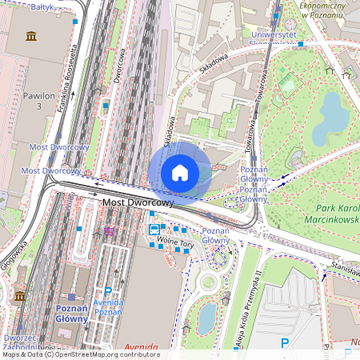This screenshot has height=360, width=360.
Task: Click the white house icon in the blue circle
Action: pos(180,172)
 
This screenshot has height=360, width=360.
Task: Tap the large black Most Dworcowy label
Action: pos(138,203)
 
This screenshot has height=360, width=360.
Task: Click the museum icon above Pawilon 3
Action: pos(31,37)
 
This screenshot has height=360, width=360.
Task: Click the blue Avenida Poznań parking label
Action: pos(108,307)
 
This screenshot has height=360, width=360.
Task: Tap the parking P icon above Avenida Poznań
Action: pos(108,292)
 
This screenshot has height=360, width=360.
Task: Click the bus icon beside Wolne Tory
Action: pos(154,230)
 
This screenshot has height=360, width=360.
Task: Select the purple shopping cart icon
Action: pos(109,232)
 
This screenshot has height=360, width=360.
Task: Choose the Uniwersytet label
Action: pos(274,37)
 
